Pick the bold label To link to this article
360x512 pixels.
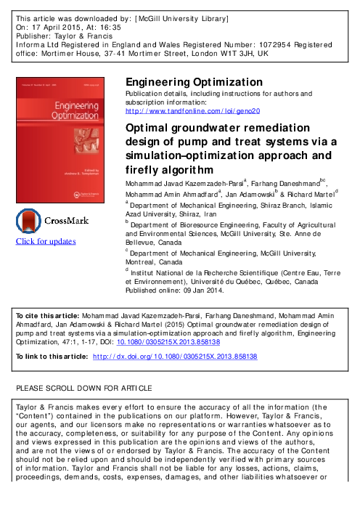(x=52, y=358)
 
